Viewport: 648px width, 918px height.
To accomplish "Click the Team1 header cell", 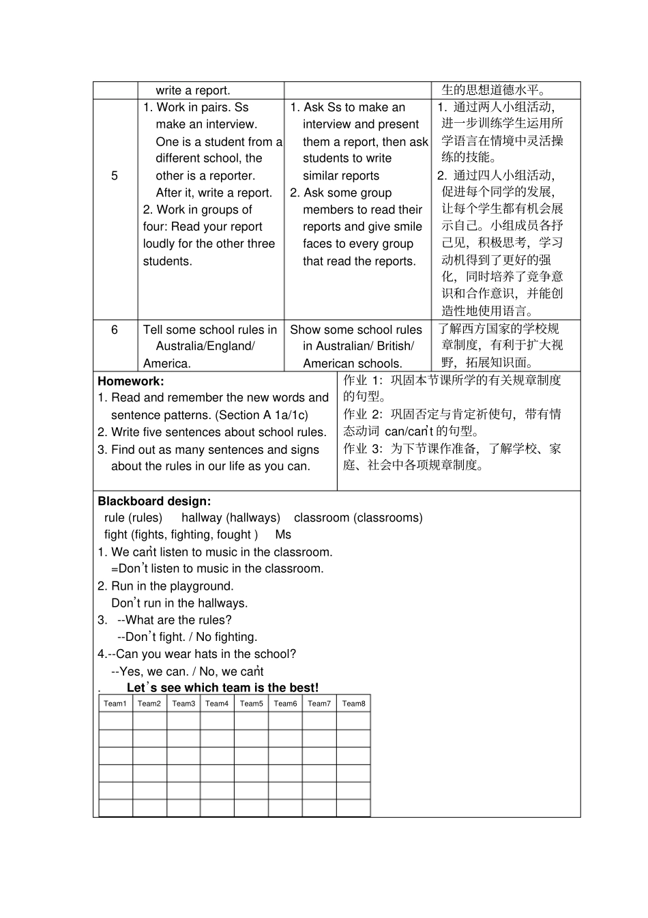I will coord(115,704).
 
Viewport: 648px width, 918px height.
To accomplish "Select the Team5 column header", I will coord(251,704).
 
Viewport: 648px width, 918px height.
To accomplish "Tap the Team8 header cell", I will coord(353,704).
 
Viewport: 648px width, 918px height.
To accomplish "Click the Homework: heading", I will coord(131,382).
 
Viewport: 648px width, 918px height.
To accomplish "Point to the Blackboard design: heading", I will coord(154,501).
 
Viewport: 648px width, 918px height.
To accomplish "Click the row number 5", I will coord(115,175).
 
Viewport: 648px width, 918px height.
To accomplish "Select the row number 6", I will coord(115,330).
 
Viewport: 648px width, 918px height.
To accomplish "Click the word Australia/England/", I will coord(205,347).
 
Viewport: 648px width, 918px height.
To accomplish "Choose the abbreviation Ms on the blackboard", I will coord(283,535).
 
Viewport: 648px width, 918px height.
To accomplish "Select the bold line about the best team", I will coord(222,688).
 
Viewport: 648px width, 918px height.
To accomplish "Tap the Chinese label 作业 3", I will coord(362,449).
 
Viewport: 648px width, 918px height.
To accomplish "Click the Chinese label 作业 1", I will coord(362,381).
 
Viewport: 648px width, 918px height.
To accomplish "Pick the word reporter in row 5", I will coord(232,175).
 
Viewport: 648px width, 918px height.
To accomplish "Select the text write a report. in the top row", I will coord(193,91).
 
